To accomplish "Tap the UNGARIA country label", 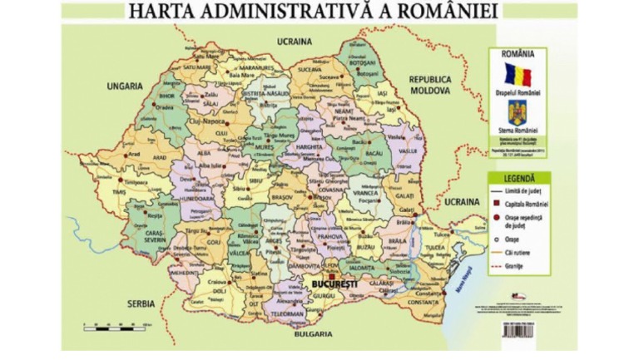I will [x=124, y=85].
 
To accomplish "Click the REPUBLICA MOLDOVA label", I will [x=434, y=83].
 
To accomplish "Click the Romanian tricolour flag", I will [x=518, y=74].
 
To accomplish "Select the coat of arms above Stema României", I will [x=518, y=112].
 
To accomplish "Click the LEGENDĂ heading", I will [x=518, y=178].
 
